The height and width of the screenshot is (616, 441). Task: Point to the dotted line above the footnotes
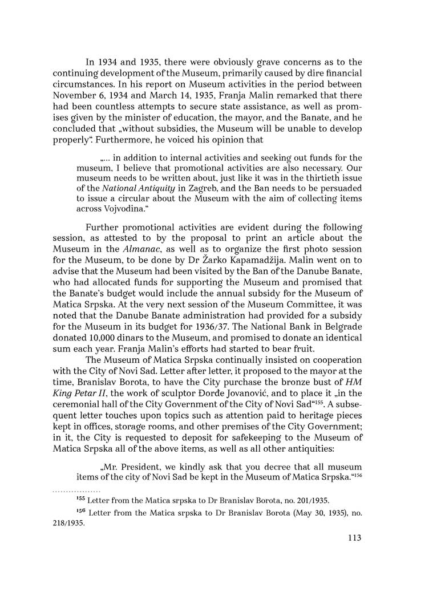(x=76, y=491)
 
